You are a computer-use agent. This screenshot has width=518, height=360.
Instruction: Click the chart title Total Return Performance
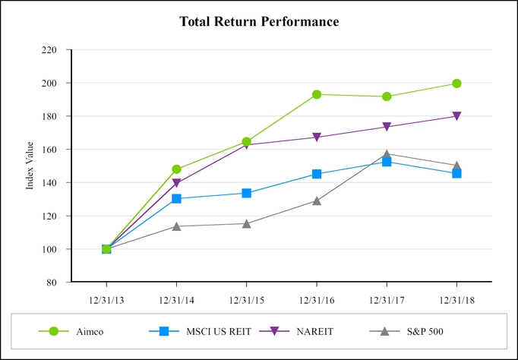click(259, 21)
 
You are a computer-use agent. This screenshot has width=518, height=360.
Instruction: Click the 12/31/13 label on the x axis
click(106, 299)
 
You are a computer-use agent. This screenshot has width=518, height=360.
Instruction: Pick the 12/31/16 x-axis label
click(317, 299)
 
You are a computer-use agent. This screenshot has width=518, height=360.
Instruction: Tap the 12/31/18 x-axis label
click(456, 299)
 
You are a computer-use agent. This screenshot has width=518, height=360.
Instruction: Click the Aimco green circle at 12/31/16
click(317, 94)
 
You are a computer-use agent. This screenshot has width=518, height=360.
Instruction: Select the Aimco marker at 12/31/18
click(456, 84)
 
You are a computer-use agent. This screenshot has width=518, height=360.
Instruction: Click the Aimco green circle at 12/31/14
click(176, 169)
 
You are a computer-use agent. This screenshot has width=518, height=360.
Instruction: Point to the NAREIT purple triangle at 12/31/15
click(247, 144)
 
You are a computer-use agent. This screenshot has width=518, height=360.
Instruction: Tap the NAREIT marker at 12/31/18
click(456, 116)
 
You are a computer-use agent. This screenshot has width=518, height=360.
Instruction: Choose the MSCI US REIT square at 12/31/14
click(176, 198)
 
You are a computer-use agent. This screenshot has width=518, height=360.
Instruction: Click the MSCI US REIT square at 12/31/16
click(317, 174)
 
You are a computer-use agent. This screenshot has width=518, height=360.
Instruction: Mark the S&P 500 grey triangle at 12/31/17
click(387, 154)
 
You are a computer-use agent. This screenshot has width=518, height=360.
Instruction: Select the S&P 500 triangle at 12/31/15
click(247, 223)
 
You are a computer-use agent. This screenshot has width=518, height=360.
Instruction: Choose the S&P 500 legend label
click(426, 331)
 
